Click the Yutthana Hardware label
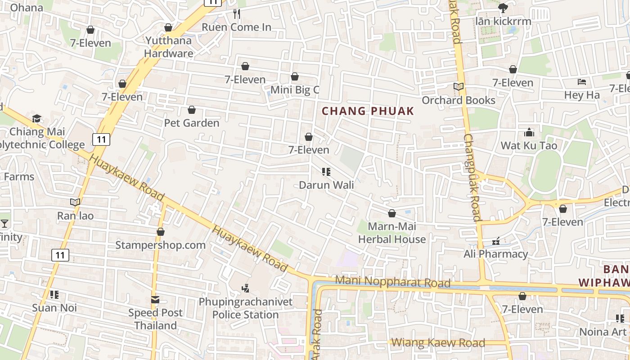[x=169, y=47]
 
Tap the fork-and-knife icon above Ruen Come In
[x=237, y=14]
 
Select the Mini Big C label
[x=295, y=90]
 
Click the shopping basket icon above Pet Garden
[x=192, y=110]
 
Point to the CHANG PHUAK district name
[x=368, y=111]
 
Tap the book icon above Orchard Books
[x=458, y=87]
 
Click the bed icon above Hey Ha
[x=581, y=82]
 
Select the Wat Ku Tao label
[x=529, y=145]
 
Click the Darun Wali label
[x=326, y=185]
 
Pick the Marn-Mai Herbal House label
[x=391, y=233]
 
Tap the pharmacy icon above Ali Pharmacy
[x=496, y=242]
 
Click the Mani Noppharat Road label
[x=393, y=283]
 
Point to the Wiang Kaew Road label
[x=438, y=343]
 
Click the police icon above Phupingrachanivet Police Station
[x=245, y=288]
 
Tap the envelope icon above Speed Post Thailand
[x=155, y=300]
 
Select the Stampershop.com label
[x=160, y=245]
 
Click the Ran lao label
[x=75, y=216]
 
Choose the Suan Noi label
[x=54, y=308]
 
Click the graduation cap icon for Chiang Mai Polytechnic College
[x=36, y=119]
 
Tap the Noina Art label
[x=603, y=332]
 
